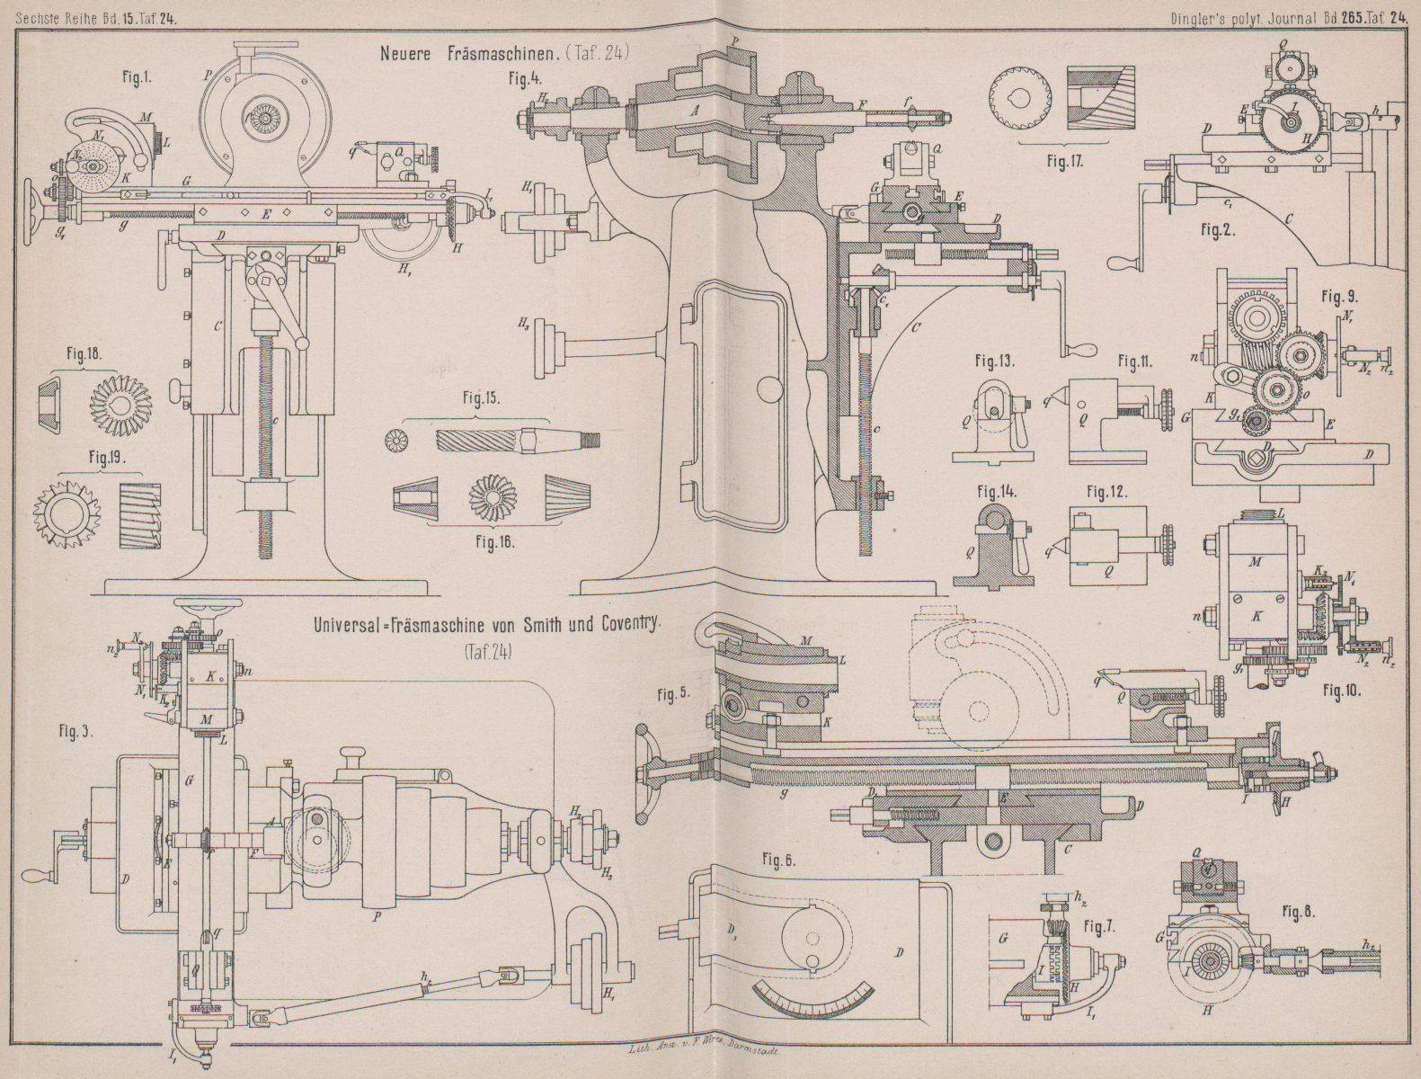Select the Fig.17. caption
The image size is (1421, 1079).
[1064, 163]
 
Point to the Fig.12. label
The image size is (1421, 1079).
[1106, 493]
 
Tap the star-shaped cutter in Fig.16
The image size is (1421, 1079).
[491, 495]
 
